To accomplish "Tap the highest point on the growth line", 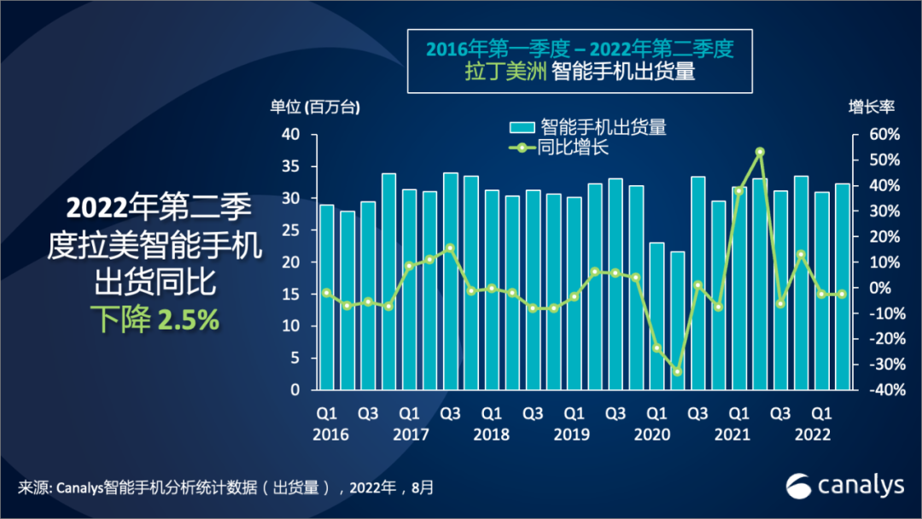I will [x=760, y=152].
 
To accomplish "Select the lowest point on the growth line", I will [x=677, y=371].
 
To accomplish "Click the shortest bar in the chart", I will [x=677, y=320].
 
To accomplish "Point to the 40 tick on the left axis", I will [x=290, y=135].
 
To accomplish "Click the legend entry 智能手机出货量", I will [x=603, y=127].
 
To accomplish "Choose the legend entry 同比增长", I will [x=572, y=147].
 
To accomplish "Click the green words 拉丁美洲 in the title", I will [x=493, y=72].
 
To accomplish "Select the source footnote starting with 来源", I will [x=226, y=487].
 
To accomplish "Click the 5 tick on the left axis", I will [x=295, y=359].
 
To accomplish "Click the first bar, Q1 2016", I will [x=326, y=297].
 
